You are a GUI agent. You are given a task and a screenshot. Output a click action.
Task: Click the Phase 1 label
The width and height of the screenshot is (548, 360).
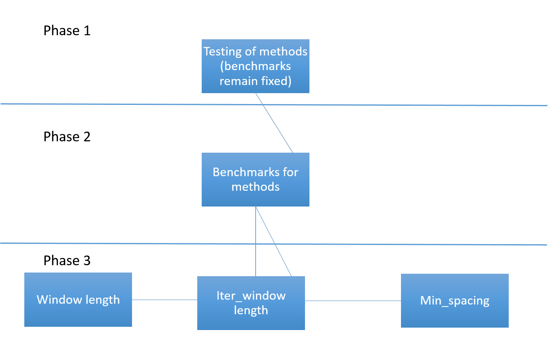tap(67, 31)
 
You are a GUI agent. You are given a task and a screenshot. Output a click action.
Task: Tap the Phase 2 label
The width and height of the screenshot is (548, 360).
tap(67, 137)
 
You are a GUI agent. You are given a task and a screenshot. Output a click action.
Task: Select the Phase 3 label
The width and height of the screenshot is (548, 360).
tap(67, 260)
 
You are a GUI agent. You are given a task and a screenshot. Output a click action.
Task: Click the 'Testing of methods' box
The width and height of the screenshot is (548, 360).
tap(256, 66)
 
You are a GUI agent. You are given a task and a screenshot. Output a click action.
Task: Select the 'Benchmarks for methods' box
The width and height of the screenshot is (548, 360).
tap(256, 179)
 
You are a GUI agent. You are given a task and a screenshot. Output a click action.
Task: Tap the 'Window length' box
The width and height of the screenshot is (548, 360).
tap(78, 300)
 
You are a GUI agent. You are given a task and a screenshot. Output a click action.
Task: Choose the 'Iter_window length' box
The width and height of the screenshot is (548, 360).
tap(251, 303)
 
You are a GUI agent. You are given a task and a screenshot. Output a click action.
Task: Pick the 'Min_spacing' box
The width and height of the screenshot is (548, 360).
tap(455, 300)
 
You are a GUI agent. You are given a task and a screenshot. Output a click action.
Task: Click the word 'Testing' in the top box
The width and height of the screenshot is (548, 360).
tap(223, 52)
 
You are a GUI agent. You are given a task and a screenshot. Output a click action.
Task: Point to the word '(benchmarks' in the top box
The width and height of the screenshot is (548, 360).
tap(256, 66)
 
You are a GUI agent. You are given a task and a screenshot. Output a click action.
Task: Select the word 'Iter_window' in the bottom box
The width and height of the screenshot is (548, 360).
tap(251, 296)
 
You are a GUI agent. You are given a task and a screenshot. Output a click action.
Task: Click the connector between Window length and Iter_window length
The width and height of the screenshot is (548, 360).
tap(165, 300)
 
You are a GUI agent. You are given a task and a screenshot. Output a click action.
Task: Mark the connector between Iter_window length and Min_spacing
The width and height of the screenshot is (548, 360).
tap(353, 301)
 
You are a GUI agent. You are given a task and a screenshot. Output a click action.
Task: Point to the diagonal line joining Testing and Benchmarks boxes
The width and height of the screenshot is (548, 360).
tap(274, 123)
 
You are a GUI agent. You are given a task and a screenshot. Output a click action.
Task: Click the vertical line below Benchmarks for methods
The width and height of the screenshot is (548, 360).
tap(256, 241)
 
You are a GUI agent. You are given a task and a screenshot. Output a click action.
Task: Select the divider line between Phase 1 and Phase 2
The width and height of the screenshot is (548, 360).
tap(274, 104)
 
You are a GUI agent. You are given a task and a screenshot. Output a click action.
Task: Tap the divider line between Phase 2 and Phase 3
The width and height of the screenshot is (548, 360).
tap(274, 244)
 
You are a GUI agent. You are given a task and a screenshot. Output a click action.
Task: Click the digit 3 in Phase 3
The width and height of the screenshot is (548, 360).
tap(87, 261)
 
